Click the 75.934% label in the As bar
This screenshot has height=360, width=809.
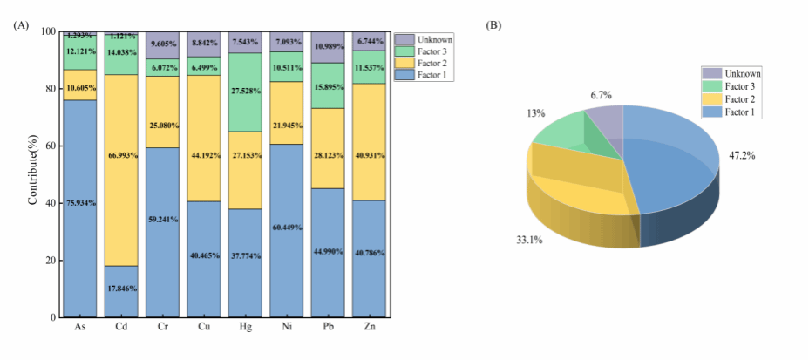[x=80, y=202]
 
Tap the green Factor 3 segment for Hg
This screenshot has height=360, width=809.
[x=247, y=92]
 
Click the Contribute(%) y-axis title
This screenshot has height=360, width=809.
[x=33, y=174]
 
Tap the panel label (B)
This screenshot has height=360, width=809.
[x=493, y=24]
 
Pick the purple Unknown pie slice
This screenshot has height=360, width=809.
[x=606, y=122]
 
